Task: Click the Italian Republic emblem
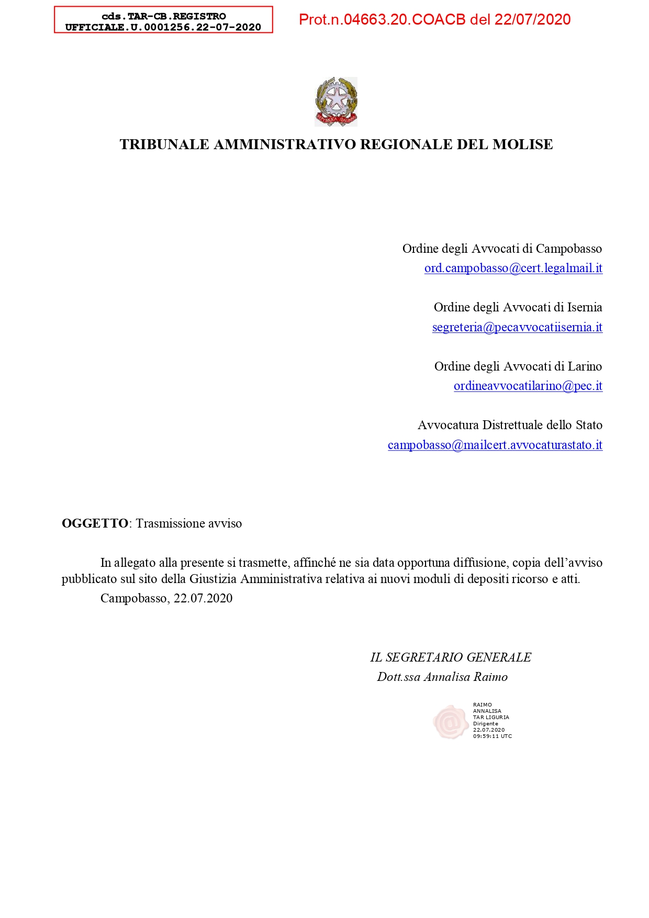pyautogui.click(x=336, y=102)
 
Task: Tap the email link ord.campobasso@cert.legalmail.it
pyautogui.click(x=513, y=268)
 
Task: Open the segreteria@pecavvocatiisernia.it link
pyautogui.click(x=517, y=328)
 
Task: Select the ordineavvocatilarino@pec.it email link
pyautogui.click(x=528, y=386)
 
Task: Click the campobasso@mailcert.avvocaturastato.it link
pyautogui.click(x=495, y=445)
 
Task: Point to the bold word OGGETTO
pyautogui.click(x=95, y=523)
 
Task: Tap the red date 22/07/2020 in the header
pyautogui.click(x=532, y=20)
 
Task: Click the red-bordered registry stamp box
pyautogui.click(x=163, y=20)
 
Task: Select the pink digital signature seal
pyautogui.click(x=450, y=722)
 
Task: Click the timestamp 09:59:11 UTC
pyautogui.click(x=492, y=736)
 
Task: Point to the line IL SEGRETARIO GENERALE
pyautogui.click(x=451, y=657)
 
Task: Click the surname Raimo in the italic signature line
pyautogui.click(x=490, y=677)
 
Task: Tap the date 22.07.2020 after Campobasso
pyautogui.click(x=203, y=599)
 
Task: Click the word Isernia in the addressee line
pyautogui.click(x=584, y=307)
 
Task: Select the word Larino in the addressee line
pyautogui.click(x=585, y=366)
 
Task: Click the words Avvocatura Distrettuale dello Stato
pyautogui.click(x=510, y=425)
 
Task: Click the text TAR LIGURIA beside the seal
pyautogui.click(x=491, y=718)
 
